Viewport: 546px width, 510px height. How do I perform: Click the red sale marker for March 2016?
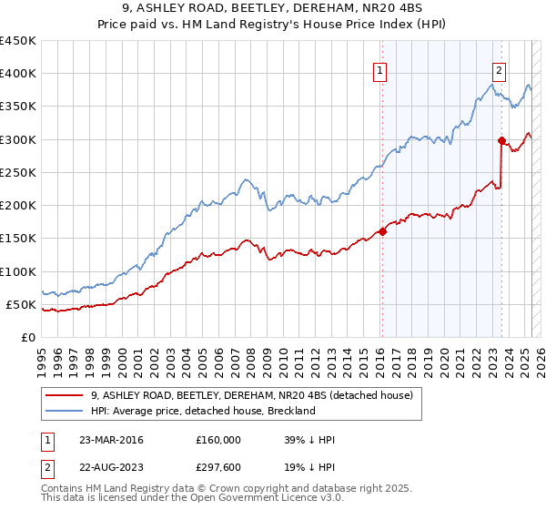point(382,231)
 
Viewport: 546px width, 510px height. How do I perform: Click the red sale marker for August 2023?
point(501,140)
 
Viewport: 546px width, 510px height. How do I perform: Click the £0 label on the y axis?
point(29,337)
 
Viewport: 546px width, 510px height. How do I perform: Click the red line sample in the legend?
point(66,395)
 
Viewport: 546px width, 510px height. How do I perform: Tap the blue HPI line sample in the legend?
point(66,411)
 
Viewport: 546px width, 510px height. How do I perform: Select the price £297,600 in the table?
point(218,469)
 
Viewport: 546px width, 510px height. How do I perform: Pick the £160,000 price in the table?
point(218,440)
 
